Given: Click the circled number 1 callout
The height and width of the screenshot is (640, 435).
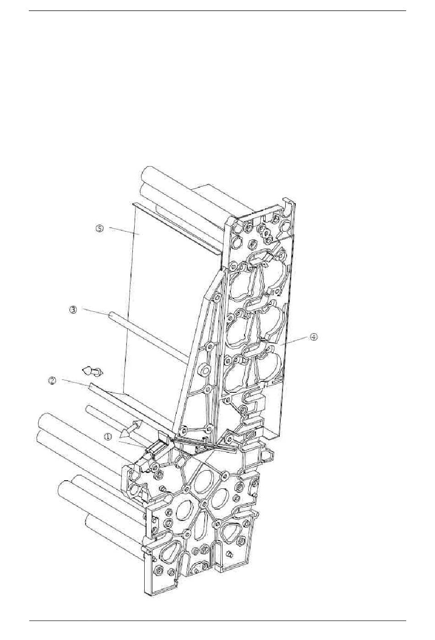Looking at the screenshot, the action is click(108, 437).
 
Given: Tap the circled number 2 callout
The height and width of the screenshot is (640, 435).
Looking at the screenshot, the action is click(52, 381).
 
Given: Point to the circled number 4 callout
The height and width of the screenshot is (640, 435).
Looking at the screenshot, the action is click(313, 337).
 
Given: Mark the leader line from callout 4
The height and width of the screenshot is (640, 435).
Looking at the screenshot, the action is click(294, 342).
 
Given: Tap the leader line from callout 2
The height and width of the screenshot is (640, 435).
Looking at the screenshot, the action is click(76, 384).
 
